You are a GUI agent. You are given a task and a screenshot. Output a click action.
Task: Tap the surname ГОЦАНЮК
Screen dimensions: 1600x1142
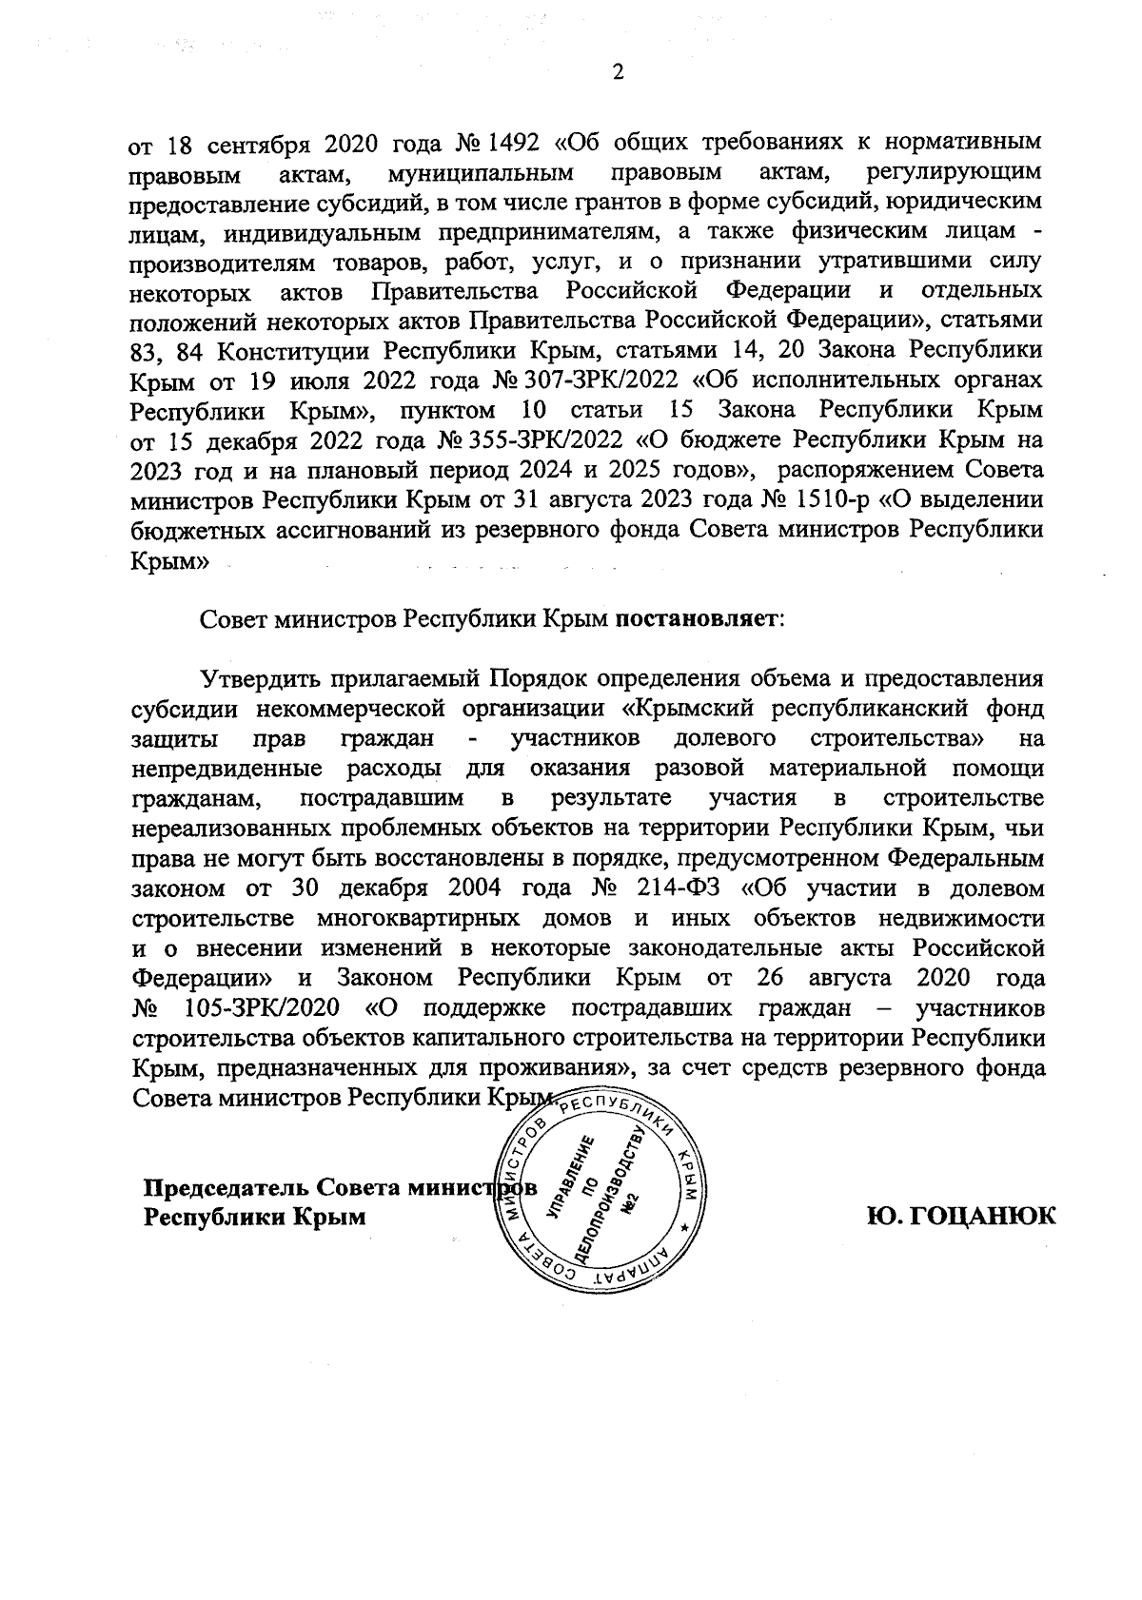(x=961, y=1217)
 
